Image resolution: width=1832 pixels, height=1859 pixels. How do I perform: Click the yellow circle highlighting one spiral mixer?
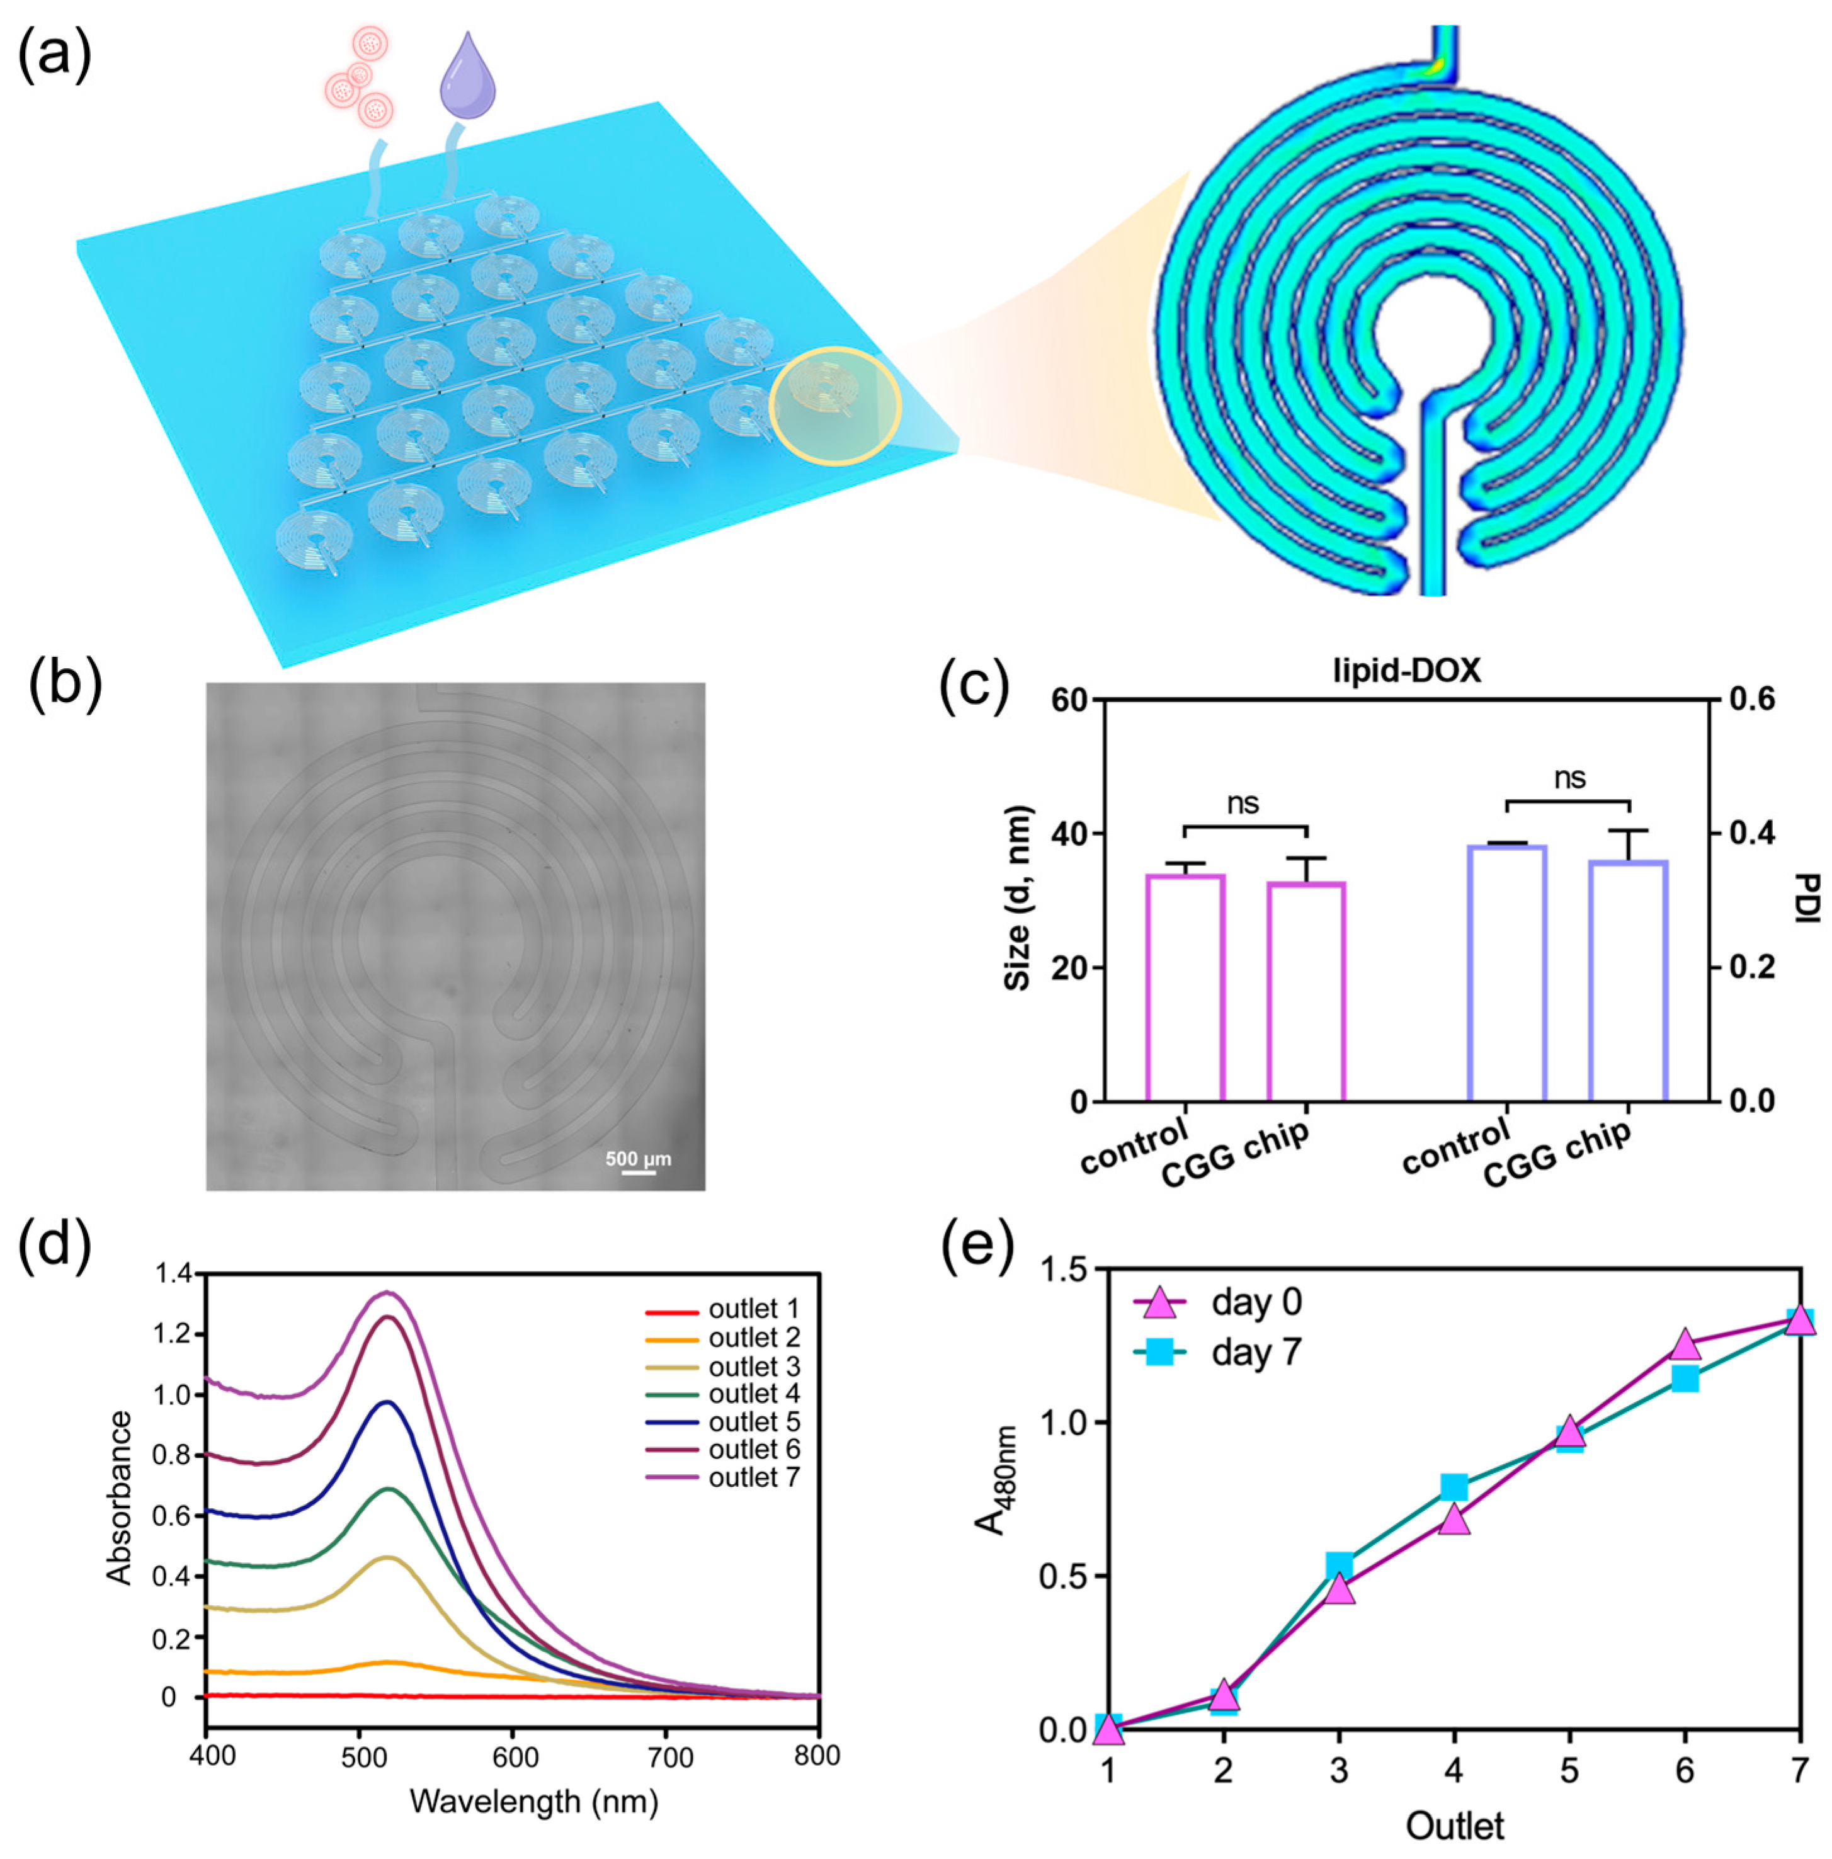pyautogui.click(x=835, y=406)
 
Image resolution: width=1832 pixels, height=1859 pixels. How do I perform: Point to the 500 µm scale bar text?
pyautogui.click(x=638, y=1159)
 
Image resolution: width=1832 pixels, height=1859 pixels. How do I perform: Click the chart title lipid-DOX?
pyautogui.click(x=1406, y=671)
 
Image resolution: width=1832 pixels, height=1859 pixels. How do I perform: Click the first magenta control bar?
pyautogui.click(x=1185, y=986)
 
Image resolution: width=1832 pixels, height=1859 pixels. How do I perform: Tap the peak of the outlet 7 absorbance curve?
pyautogui.click(x=388, y=1292)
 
